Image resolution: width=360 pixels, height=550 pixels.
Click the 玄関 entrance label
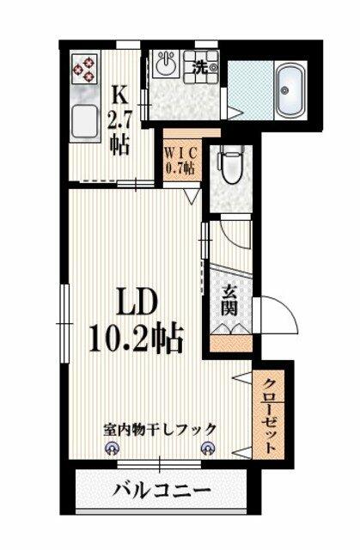230,300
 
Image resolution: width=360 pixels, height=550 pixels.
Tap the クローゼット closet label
272,417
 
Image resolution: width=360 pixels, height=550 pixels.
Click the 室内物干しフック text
160,429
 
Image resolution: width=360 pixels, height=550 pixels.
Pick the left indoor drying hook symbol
112,449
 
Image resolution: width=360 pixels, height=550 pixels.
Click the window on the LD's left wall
62,321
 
